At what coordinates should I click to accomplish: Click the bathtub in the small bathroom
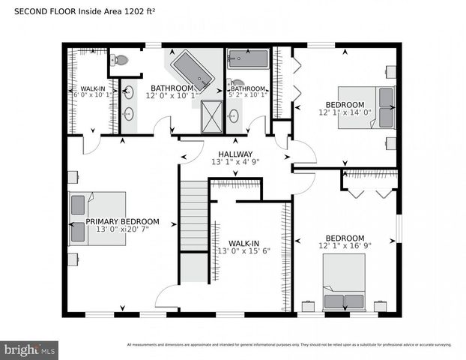pyautogui.click(x=247, y=60)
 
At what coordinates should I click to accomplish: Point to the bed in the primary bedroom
pyautogui.click(x=97, y=217)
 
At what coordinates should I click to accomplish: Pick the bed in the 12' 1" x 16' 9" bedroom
pyautogui.click(x=344, y=282)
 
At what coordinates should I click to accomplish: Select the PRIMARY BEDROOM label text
pyautogui.click(x=122, y=221)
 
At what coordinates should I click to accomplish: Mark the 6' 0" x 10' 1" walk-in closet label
pyautogui.click(x=91, y=95)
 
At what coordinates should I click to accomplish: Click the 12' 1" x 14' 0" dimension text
pyautogui.click(x=345, y=113)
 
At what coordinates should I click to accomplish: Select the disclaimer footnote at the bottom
pyautogui.click(x=288, y=345)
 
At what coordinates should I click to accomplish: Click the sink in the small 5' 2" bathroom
pyautogui.click(x=234, y=115)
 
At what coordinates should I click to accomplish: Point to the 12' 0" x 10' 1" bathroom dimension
pyautogui.click(x=172, y=95)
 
